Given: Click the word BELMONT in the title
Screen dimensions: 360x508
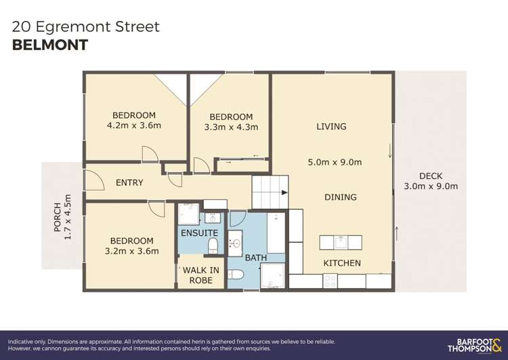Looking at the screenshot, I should click(x=50, y=45).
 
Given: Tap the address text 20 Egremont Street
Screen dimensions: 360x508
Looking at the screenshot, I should click(x=86, y=26).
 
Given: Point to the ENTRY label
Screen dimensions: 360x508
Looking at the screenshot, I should click(x=129, y=183).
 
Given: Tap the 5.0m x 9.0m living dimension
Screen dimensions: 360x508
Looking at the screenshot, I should click(x=335, y=162).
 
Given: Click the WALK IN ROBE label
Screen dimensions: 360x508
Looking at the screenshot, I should click(x=200, y=275).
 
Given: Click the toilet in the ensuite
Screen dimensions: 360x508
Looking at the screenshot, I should click(x=213, y=244).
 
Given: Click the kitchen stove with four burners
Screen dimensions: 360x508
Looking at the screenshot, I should click(x=330, y=280).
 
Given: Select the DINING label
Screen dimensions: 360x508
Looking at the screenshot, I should click(x=340, y=197).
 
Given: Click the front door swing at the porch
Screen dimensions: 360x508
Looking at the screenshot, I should click(x=93, y=180).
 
